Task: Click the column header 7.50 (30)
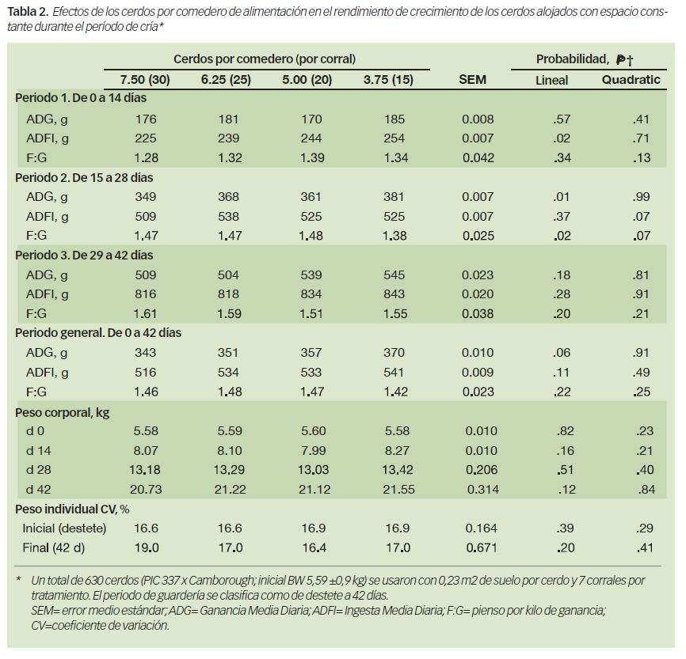coord(145,80)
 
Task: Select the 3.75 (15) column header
coord(388,80)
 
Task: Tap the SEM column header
coord(472,80)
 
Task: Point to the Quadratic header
coord(631,80)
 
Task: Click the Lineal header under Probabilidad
coord(551,80)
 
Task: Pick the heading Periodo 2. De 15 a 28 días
coord(84,178)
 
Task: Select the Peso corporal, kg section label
coord(62,412)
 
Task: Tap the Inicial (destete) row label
coord(64,528)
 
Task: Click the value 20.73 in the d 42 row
coord(146,489)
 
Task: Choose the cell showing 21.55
coord(398,489)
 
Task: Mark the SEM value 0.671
coord(482,547)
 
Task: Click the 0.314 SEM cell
coord(483,489)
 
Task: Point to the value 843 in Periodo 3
coord(394,294)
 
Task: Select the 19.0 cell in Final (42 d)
coord(146,547)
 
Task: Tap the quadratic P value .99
coord(641,197)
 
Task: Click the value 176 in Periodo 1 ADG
coord(146,119)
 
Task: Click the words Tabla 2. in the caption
coord(27,11)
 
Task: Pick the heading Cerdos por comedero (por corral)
coord(265,59)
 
